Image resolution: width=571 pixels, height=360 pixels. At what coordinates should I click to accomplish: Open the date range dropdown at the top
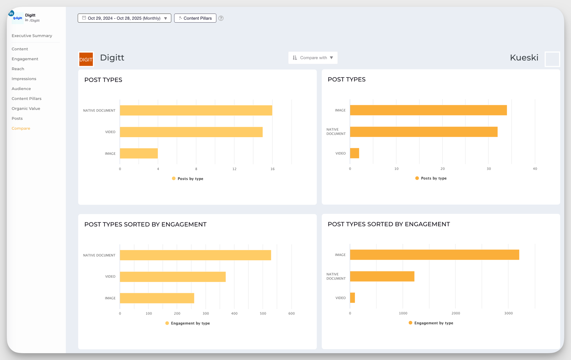(124, 18)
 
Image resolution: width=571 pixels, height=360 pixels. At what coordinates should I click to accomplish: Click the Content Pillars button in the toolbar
(195, 18)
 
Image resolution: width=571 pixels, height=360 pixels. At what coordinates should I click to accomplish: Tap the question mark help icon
(221, 18)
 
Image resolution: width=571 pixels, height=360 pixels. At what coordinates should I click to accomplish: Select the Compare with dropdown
(313, 58)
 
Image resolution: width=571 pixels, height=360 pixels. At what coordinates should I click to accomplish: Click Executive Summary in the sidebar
(32, 36)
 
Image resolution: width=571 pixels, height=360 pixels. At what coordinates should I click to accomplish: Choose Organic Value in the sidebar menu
(26, 109)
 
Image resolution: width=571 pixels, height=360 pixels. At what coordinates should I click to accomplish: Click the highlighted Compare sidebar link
(21, 128)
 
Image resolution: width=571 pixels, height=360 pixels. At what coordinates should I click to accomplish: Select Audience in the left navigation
(21, 89)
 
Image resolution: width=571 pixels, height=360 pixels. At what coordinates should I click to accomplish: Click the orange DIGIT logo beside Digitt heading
(86, 59)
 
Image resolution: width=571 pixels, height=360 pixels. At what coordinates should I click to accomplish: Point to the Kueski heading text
(524, 58)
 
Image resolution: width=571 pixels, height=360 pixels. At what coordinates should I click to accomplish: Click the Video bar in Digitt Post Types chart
(191, 132)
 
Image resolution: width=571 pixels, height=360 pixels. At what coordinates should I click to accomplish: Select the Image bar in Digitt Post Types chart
(139, 153)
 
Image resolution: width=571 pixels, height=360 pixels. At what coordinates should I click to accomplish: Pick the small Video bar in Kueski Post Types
(354, 153)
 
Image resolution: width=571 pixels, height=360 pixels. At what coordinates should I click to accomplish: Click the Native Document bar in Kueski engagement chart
(382, 276)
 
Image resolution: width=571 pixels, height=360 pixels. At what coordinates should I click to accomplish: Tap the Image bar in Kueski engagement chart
(434, 255)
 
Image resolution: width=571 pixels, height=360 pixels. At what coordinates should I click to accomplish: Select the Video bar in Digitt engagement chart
(172, 277)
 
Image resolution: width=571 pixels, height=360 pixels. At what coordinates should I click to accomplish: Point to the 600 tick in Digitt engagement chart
(291, 313)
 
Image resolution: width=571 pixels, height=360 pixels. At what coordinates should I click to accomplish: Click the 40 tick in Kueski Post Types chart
(535, 169)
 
